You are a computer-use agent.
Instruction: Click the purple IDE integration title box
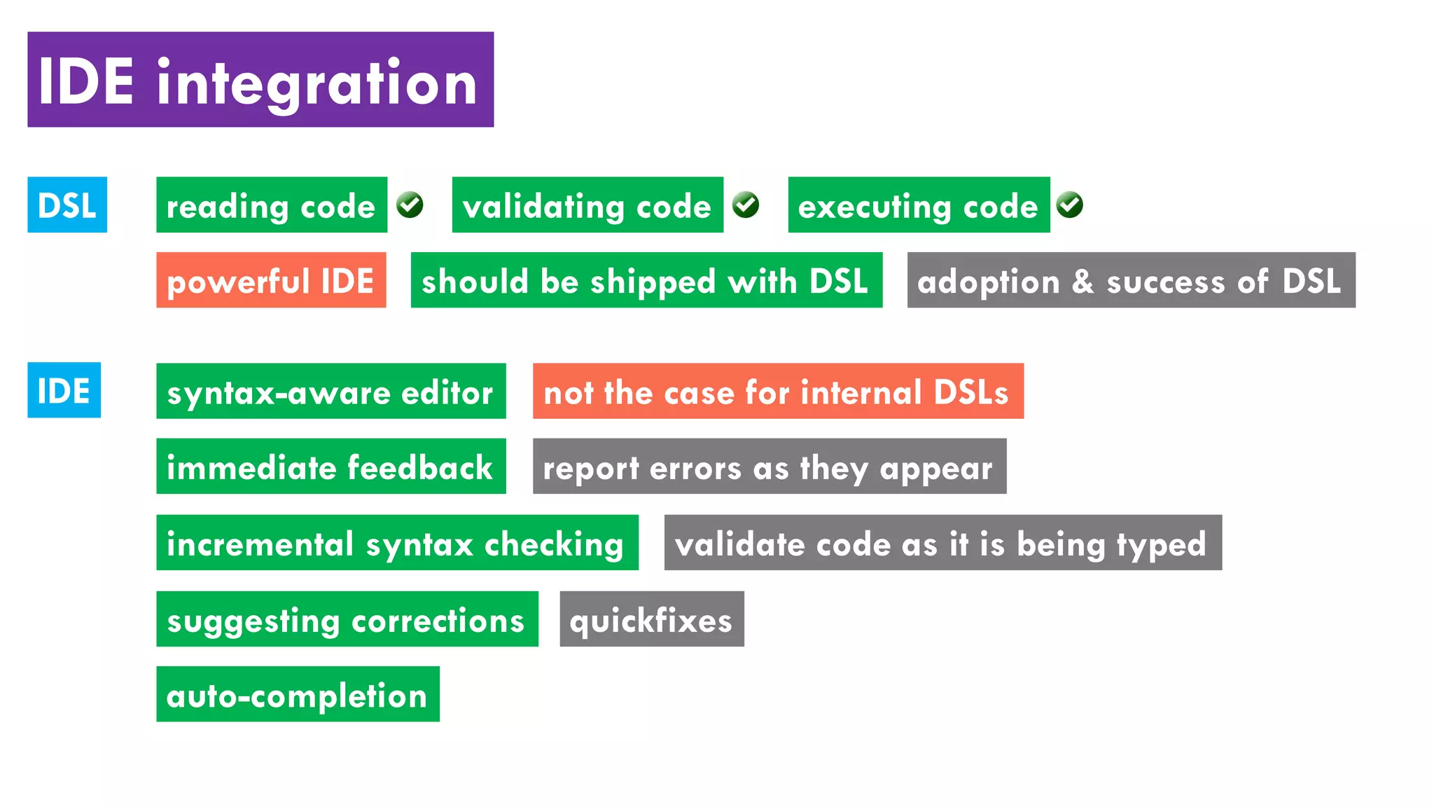coord(260,79)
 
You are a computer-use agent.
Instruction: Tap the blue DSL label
coord(67,205)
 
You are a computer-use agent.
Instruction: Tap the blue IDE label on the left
coord(64,390)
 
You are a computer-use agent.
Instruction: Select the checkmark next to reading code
coord(410,205)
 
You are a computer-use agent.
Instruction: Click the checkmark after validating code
coord(746,205)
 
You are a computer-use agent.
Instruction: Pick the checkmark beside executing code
coord(1070,205)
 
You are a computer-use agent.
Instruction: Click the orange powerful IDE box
coord(271,280)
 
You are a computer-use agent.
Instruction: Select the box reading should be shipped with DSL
coord(646,280)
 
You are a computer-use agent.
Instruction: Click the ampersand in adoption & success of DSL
coord(1083,281)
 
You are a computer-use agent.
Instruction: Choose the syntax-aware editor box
coord(330,391)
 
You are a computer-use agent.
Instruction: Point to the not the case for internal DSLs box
coord(778,391)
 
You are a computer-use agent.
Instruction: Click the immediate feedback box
coord(330,467)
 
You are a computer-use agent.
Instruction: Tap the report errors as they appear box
coord(769,467)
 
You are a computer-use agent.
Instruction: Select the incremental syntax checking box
coord(397,543)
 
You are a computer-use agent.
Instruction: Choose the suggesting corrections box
coord(347,619)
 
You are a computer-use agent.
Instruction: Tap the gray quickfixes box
coord(651,619)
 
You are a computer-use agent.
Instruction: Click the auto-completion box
coord(298,694)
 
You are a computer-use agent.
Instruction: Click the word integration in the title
coord(317,83)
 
